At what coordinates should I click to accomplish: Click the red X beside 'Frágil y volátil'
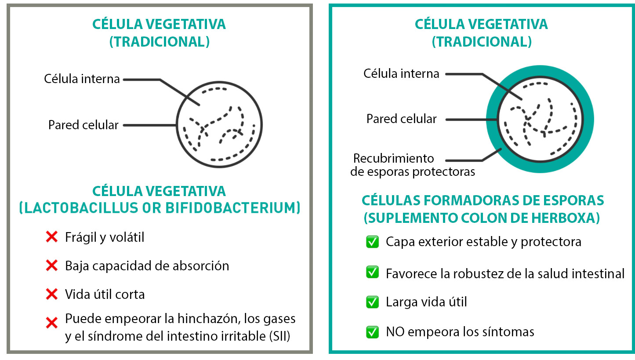pyautogui.click(x=51, y=237)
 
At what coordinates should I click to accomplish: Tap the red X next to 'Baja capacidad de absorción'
pyautogui.click(x=51, y=265)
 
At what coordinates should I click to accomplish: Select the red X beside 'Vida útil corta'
pyautogui.click(x=51, y=294)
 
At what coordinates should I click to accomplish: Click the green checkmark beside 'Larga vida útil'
pyautogui.click(x=372, y=302)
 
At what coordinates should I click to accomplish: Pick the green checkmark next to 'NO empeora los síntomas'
pyautogui.click(x=372, y=332)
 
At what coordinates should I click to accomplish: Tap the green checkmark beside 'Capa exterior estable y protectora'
pyautogui.click(x=372, y=242)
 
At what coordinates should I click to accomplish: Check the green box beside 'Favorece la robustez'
pyautogui.click(x=372, y=272)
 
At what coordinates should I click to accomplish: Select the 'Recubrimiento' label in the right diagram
pyautogui.click(x=393, y=158)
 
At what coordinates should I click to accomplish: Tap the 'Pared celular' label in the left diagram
pyautogui.click(x=83, y=125)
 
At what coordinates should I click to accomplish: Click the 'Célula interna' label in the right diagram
pyautogui.click(x=401, y=74)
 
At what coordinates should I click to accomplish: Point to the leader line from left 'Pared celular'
pyautogui.click(x=150, y=125)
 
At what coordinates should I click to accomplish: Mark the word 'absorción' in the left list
pyautogui.click(x=201, y=266)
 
